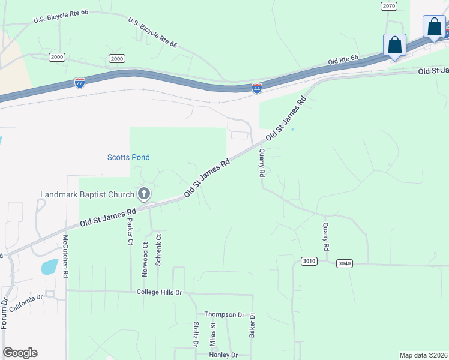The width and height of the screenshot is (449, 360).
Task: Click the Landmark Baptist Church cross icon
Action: (x=143, y=193)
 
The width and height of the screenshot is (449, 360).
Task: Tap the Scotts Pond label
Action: (x=128, y=157)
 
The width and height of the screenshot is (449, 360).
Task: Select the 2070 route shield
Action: (x=389, y=5)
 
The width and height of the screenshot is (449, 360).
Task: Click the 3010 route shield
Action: (x=309, y=261)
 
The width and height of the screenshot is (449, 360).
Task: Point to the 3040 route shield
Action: (x=345, y=263)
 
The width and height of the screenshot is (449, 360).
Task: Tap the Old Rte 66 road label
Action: (x=343, y=61)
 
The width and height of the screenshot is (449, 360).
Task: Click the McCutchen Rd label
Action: (x=66, y=254)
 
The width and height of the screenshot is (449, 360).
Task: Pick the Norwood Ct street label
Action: (x=145, y=258)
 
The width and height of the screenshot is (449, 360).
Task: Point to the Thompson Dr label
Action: (x=224, y=314)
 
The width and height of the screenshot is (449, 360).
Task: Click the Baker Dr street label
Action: (x=252, y=325)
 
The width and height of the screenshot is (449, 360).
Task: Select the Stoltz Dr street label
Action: (x=196, y=335)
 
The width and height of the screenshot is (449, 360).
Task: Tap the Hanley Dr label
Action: (x=223, y=355)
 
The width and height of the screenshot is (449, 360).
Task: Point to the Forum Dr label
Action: (x=4, y=313)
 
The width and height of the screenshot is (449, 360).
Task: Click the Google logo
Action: (x=20, y=353)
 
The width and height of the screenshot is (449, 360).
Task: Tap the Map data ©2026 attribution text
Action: (x=423, y=355)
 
